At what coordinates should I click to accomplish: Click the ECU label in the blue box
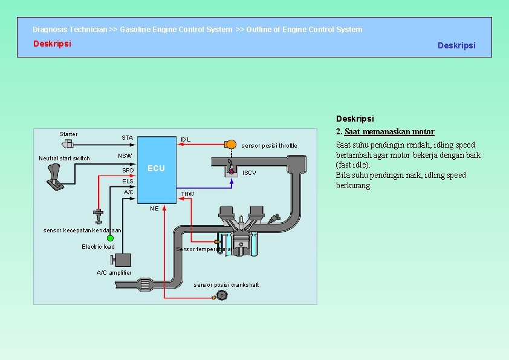pos(156,168)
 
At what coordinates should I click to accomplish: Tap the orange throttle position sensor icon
pos(230,144)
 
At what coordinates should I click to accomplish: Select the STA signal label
pos(127,138)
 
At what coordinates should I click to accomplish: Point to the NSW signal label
pos(125,156)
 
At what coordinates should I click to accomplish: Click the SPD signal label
pos(128,170)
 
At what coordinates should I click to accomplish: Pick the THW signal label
pos(188,194)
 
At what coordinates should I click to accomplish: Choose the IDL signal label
pos(186,140)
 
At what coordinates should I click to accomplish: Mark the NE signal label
pos(154,208)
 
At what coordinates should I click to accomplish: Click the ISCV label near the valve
pos(249,173)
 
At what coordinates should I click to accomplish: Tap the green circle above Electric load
pos(110,238)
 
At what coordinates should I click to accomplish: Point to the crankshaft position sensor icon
pos(221,295)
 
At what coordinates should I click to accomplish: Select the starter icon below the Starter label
pos(68,143)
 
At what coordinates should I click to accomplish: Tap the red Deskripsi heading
pos(52,44)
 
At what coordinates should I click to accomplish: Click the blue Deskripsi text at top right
pos(456,45)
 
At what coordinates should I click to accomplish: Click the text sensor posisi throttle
pos(270,146)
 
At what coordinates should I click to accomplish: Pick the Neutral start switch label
pos(64,159)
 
